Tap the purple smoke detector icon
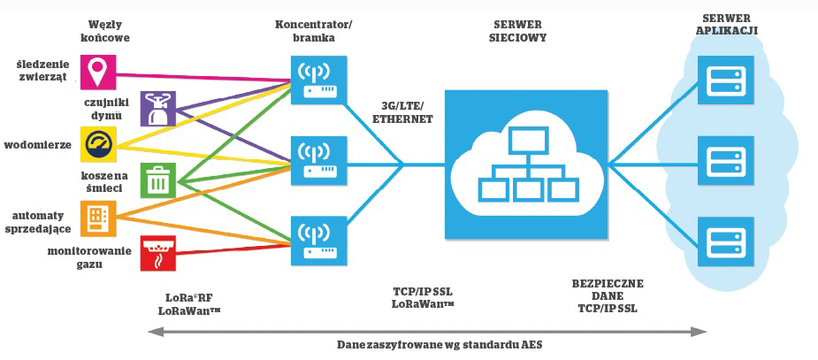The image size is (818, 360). [x=158, y=107]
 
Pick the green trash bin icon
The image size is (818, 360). [x=158, y=180]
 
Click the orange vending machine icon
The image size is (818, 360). [x=98, y=218]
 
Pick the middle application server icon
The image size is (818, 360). [x=725, y=159]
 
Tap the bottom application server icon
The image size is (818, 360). [x=725, y=238]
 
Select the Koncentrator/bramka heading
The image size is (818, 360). [x=314, y=31]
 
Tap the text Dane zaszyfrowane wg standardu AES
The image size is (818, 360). [x=427, y=345]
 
